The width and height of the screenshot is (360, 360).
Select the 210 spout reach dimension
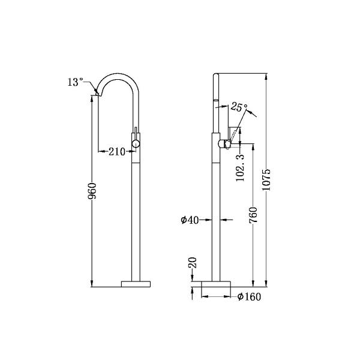coord(117,152)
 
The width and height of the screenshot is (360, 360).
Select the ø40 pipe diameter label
coord(190,220)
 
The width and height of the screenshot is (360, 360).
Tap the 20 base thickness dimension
coord(192,263)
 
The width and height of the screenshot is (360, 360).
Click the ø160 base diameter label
coord(249,296)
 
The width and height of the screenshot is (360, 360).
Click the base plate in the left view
coord(137,283)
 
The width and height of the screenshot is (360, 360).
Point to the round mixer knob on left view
coord(137,143)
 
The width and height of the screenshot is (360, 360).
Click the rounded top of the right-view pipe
coord(217,76)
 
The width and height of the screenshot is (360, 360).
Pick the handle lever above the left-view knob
coord(137,133)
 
